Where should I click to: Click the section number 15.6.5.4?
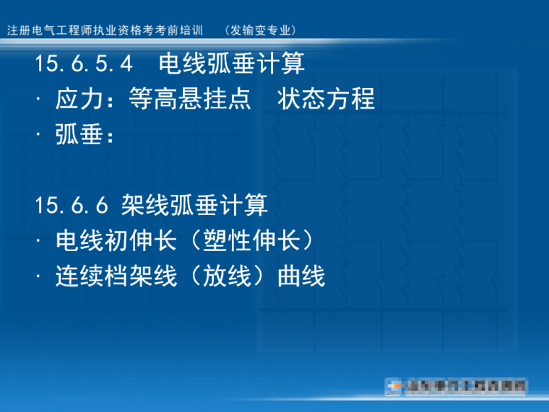click(x=84, y=63)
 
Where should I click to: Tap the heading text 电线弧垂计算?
click(x=232, y=63)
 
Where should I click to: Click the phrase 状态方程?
click(x=326, y=98)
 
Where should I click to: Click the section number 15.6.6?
click(x=72, y=206)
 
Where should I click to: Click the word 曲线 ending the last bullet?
click(x=301, y=276)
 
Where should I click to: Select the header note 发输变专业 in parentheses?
click(x=261, y=30)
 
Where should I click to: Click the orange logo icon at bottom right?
click(x=394, y=387)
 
